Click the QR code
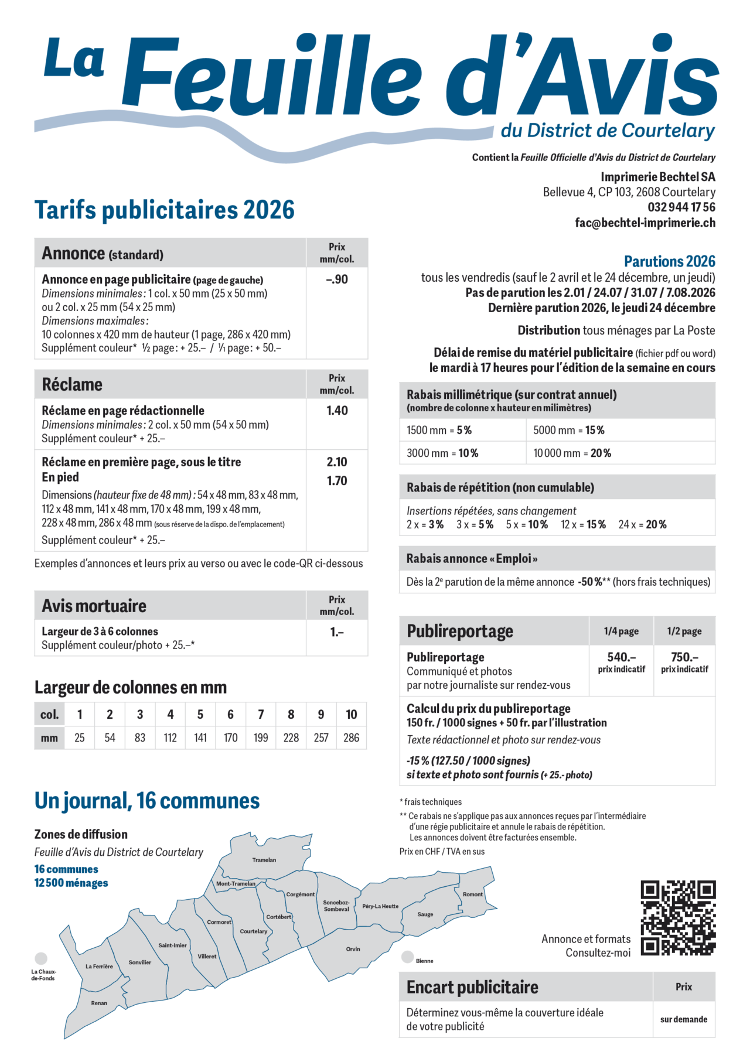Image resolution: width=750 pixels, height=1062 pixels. [678, 917]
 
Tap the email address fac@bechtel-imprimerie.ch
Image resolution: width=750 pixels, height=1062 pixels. [645, 223]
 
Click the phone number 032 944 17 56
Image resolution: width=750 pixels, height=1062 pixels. [681, 207]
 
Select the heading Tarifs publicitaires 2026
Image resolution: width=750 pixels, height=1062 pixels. [165, 210]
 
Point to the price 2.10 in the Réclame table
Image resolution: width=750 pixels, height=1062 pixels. [337, 462]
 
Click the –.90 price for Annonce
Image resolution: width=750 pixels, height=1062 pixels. [337, 279]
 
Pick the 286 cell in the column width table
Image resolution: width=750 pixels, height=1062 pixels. [351, 737]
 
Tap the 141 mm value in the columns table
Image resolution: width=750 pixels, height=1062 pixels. [200, 737]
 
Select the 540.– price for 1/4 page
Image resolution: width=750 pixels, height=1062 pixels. [621, 657]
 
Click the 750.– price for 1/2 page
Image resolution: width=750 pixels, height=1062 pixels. [684, 657]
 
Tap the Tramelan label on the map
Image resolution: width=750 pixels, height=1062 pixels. [264, 860]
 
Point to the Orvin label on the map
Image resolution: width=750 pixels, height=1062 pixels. [353, 949]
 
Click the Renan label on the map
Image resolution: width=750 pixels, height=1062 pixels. [99, 1003]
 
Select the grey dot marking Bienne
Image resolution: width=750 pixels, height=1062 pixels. [407, 957]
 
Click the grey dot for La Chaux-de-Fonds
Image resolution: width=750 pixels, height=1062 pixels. [41, 958]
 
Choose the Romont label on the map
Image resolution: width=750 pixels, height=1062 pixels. [473, 894]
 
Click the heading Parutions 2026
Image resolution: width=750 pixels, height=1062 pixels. [669, 261]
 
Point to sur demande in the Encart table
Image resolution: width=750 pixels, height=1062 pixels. [683, 1019]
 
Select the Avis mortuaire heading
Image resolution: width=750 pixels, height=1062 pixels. [94, 606]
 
